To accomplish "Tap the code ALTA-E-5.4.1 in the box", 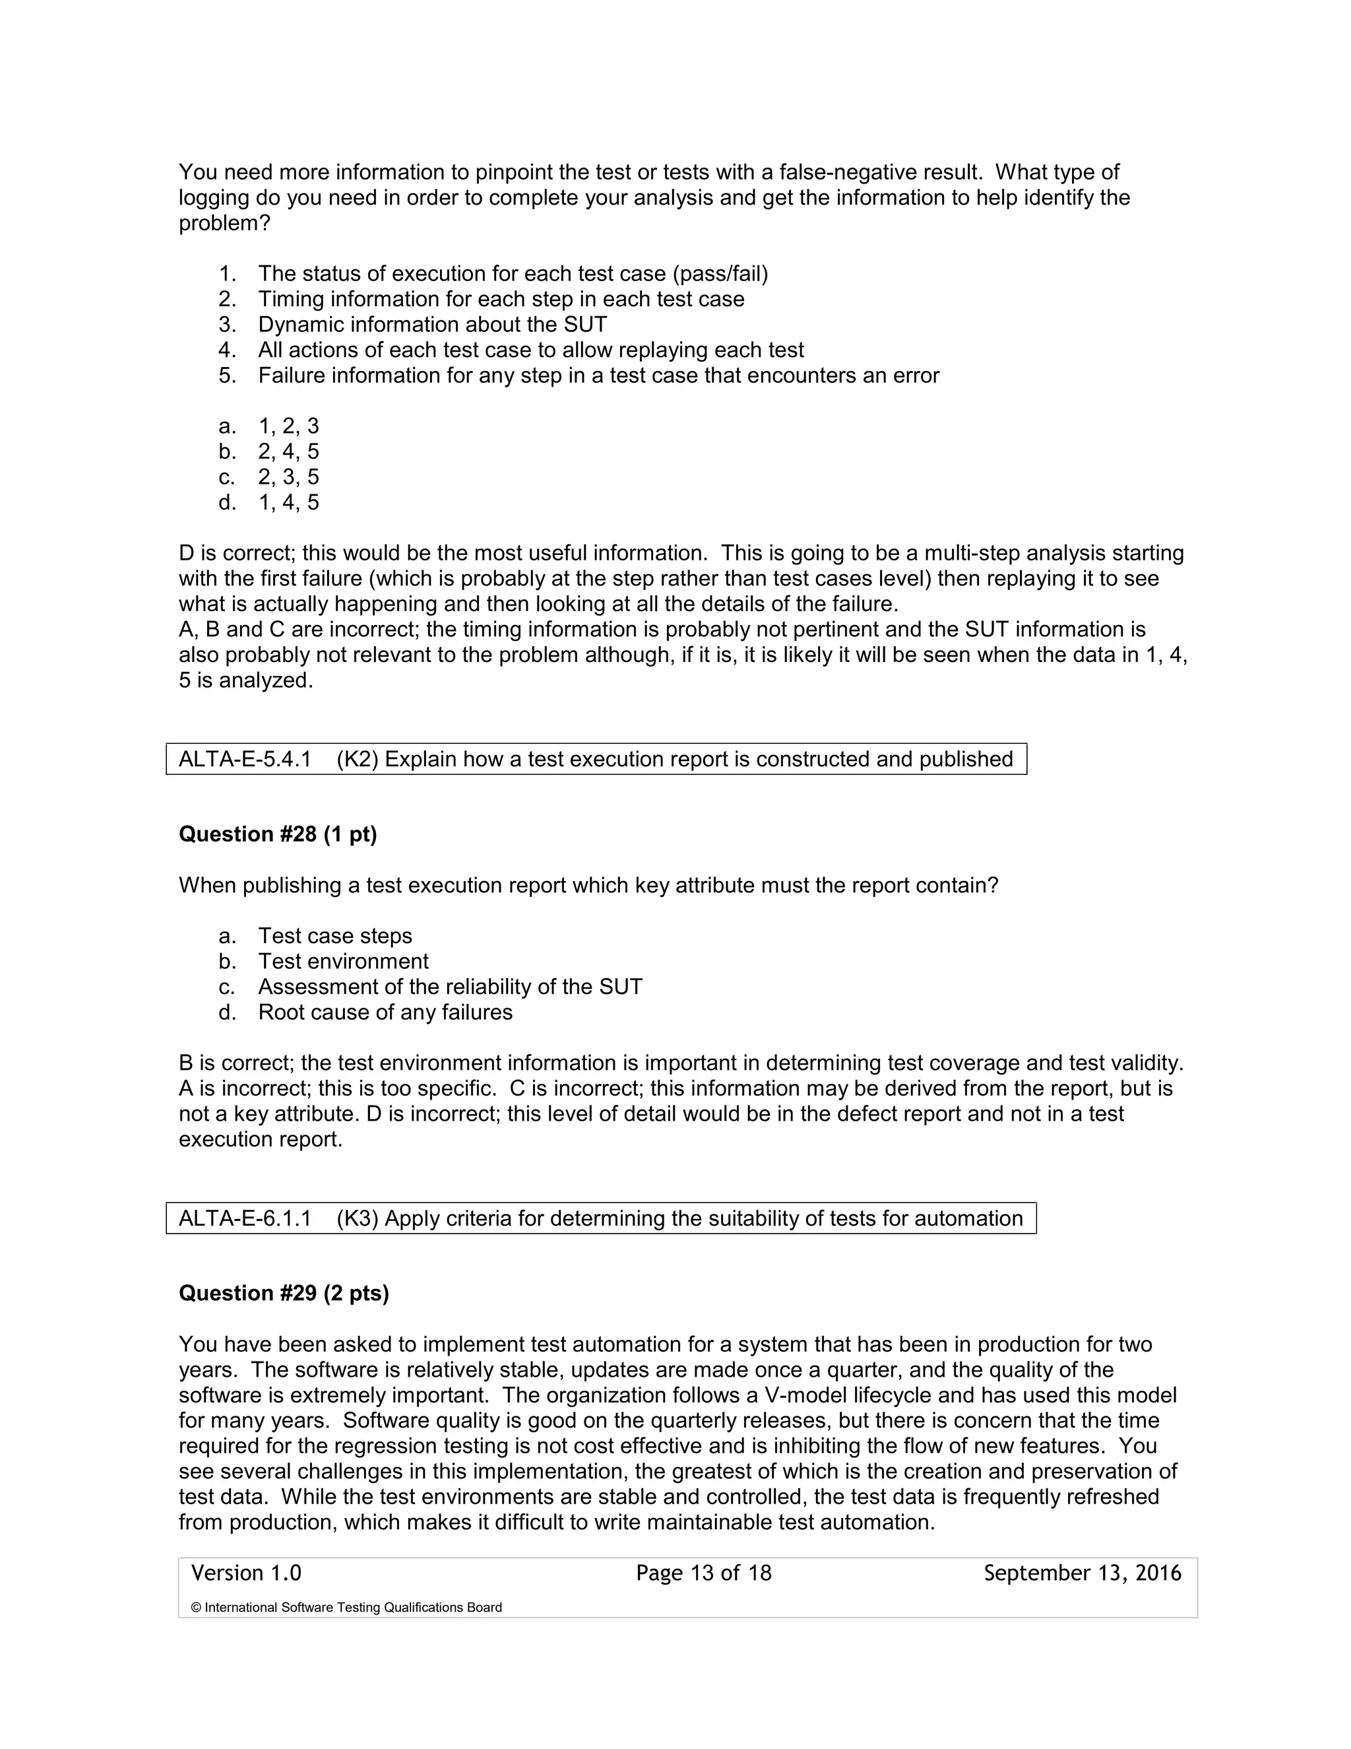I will click(x=244, y=758).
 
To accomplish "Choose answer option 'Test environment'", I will click(x=342, y=961).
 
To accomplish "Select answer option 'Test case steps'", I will click(x=334, y=935).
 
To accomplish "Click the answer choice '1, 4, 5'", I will click(x=288, y=502).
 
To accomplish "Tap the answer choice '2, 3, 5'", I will click(x=288, y=477).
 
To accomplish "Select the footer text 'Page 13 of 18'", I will click(x=703, y=1573).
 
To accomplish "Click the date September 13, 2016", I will click(x=1082, y=1573).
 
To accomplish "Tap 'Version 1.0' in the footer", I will click(x=245, y=1573).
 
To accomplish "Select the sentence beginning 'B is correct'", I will click(x=680, y=1063).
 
